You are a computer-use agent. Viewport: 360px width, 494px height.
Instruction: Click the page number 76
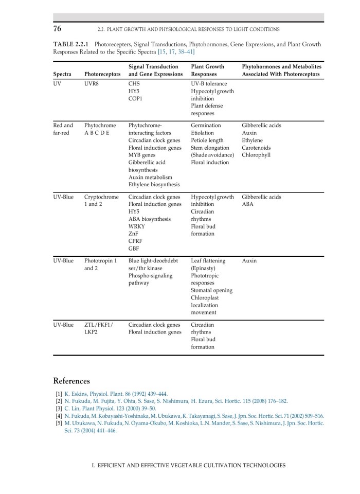(58, 28)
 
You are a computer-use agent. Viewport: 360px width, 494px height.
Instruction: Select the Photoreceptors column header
(102, 74)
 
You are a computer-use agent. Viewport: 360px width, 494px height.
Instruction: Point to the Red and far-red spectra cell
(63, 129)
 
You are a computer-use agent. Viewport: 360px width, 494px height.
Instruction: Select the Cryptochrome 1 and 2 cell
(101, 200)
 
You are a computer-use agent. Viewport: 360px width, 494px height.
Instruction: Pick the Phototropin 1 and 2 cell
(100, 264)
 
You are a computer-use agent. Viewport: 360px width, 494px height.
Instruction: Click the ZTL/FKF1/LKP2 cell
(99, 328)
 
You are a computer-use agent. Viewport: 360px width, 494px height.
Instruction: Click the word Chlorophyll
(256, 154)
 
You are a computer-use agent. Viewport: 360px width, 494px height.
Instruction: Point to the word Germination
(206, 125)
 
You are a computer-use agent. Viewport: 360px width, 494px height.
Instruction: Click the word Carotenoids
(256, 147)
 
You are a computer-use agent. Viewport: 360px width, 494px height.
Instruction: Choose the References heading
(71, 381)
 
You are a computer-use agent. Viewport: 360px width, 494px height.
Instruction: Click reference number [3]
(59, 409)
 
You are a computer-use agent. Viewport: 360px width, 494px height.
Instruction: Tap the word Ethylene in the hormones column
(252, 140)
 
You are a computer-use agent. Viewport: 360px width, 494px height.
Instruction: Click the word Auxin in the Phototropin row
(249, 261)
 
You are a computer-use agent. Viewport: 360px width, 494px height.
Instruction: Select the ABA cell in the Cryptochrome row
(247, 204)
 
